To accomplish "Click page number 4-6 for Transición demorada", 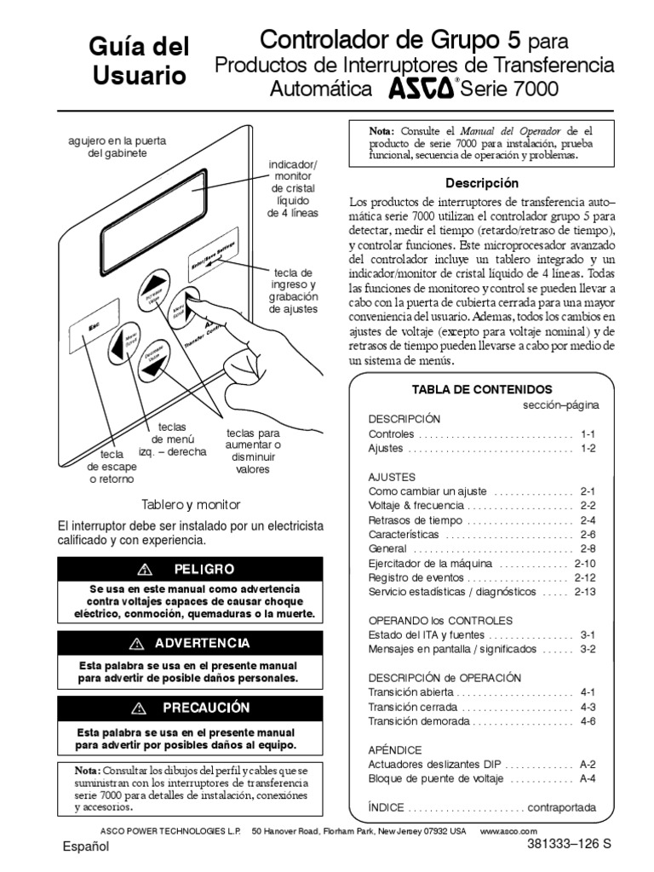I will click(x=588, y=720).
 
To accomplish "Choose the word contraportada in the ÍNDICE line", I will click(x=562, y=807).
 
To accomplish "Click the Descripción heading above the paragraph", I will click(x=482, y=183).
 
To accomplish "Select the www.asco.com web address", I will click(x=509, y=829).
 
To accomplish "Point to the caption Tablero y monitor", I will click(x=191, y=504).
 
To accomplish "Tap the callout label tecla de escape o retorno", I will click(x=112, y=468).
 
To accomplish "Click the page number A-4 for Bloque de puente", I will click(x=588, y=778).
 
